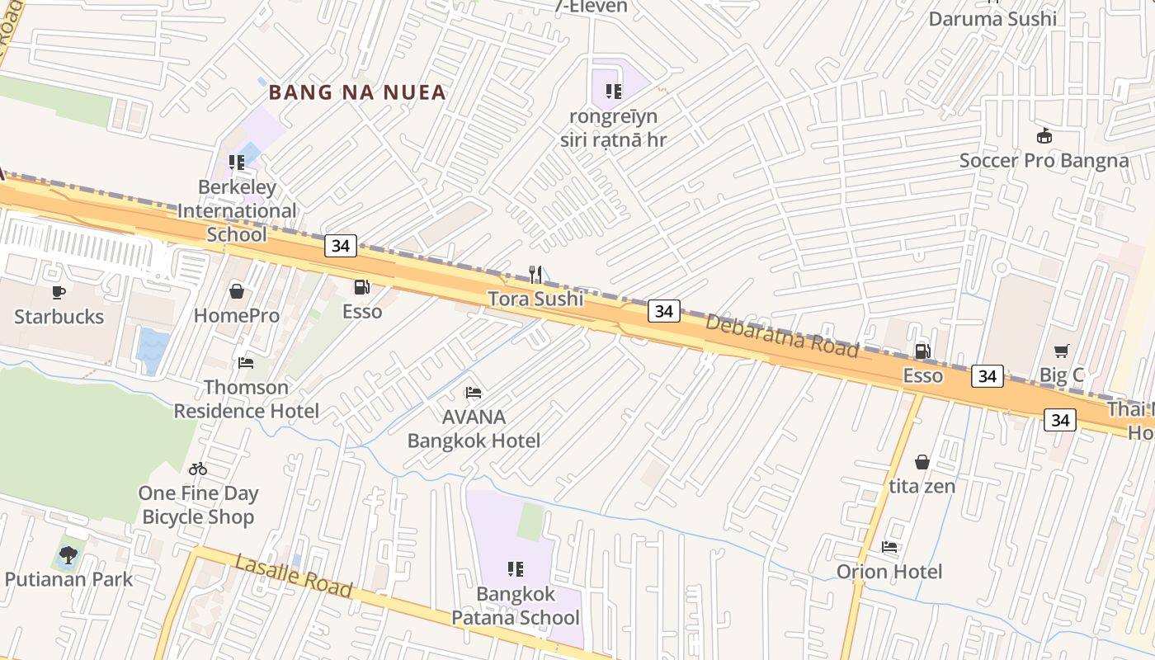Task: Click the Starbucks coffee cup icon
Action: coord(58,292)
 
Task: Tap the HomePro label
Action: coord(236,315)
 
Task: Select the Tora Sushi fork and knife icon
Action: coord(535,274)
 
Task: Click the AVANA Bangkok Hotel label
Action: coord(474,428)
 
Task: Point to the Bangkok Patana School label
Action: coord(515,606)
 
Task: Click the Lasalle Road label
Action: coord(294,576)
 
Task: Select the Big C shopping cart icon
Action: coord(1061,351)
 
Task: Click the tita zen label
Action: coord(922,486)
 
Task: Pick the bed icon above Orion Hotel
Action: coord(889,546)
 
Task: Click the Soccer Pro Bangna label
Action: coord(1044,160)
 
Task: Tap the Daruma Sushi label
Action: coord(992,18)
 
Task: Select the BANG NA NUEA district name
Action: coord(357,92)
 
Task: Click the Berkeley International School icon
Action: coord(237,162)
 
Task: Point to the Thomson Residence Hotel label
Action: coord(246,398)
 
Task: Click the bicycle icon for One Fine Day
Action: coord(198,469)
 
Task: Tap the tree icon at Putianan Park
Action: coord(68,554)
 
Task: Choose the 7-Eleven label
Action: coord(590,7)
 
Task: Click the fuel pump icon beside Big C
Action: coord(922,351)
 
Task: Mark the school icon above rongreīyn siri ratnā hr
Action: coord(613,91)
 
